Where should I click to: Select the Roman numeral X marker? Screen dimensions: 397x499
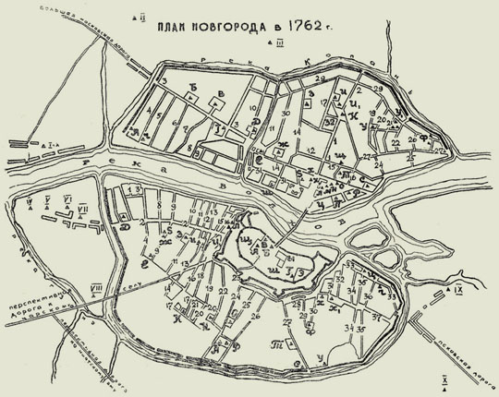click(x=444, y=379)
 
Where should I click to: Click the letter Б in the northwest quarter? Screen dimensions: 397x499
click(x=193, y=89)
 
